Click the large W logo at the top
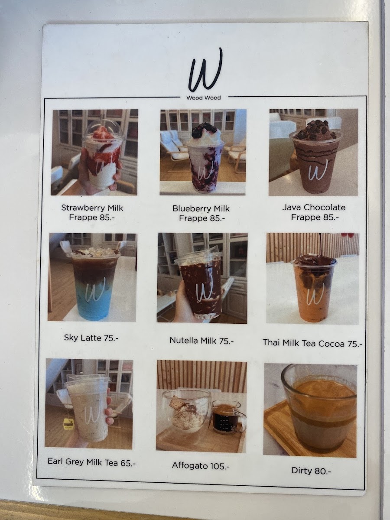click(205, 70)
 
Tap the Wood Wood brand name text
click(203, 97)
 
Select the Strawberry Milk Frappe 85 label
click(92, 212)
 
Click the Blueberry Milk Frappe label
click(201, 213)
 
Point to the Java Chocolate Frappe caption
click(314, 212)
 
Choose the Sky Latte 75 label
click(91, 338)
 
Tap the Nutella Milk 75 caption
click(202, 341)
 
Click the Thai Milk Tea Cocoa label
click(312, 343)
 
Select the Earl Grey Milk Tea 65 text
click(91, 462)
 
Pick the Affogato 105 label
click(201, 465)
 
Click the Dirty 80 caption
click(311, 471)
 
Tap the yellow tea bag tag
click(67, 423)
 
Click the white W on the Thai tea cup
click(315, 294)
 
